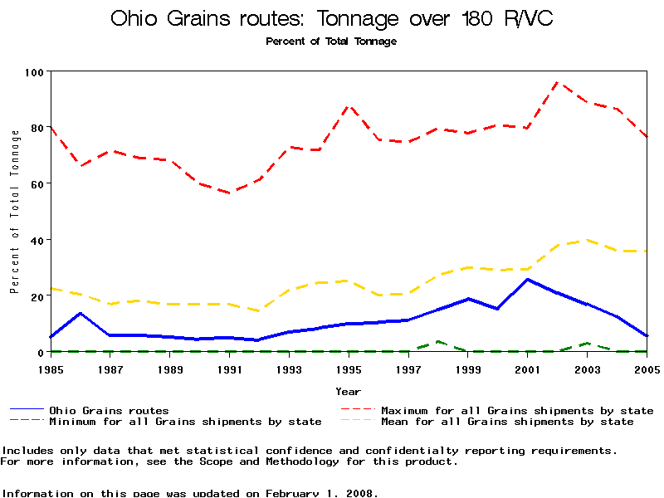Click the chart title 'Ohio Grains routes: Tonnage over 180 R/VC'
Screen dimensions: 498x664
pos(331,19)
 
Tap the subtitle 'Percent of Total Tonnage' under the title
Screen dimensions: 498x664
pos(331,41)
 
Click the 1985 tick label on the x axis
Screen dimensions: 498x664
pos(51,369)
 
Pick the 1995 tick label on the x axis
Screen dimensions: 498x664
pos(349,369)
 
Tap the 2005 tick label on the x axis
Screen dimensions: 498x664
pos(647,369)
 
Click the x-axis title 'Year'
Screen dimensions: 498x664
pos(348,390)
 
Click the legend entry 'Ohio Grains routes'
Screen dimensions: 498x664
pos(109,410)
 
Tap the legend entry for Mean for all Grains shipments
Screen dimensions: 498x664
pos(507,422)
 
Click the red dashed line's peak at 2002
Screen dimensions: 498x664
pos(558,82)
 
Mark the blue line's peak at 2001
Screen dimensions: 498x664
pos(528,279)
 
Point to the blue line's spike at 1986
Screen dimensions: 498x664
pos(81,313)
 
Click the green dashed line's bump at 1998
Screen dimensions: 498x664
pos(438,341)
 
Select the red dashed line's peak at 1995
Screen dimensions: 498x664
pos(349,106)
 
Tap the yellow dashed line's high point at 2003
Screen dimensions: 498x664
pos(588,240)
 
